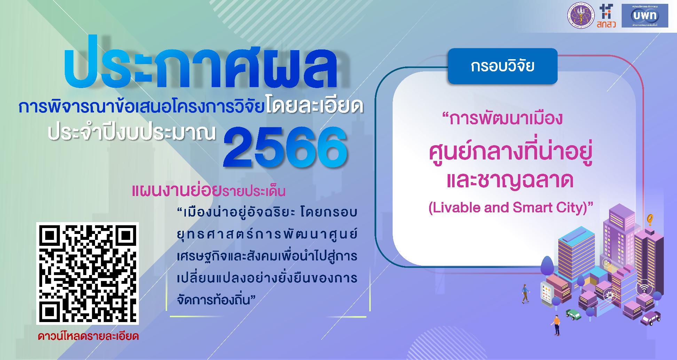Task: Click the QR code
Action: [x=87, y=273]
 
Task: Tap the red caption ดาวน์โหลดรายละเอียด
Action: [x=88, y=337]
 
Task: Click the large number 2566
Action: [x=285, y=148]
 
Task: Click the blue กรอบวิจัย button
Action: [x=502, y=66]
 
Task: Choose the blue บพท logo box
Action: [x=650, y=15]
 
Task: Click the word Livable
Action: [x=451, y=208]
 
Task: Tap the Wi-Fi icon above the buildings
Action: [x=644, y=289]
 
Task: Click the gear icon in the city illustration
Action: [x=609, y=295]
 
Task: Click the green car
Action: [x=573, y=315]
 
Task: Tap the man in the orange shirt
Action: [x=556, y=325]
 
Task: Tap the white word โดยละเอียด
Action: [x=315, y=107]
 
